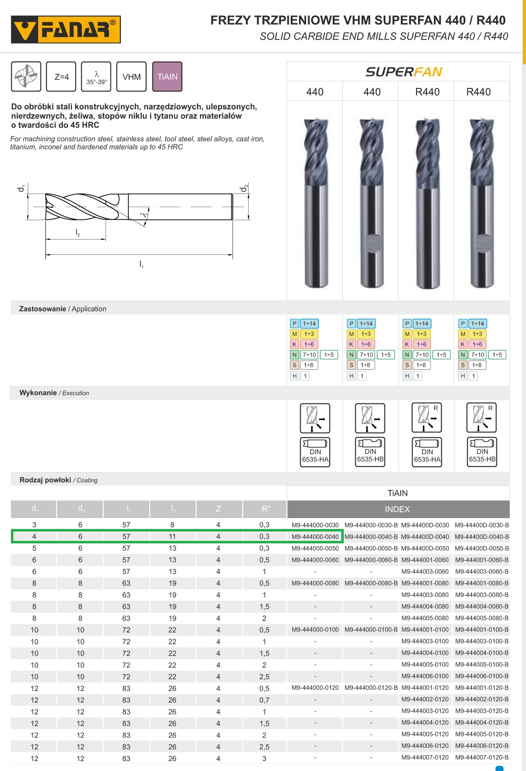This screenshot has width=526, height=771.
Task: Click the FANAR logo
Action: pos(66,29)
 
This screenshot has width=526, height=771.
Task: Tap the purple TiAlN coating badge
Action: pos(167,76)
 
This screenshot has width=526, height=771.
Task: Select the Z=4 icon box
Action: pos(61,76)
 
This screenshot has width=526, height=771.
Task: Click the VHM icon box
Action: pos(131,76)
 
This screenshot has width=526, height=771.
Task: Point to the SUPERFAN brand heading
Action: pos(404,72)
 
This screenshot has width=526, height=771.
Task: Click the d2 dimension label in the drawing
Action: pos(244,188)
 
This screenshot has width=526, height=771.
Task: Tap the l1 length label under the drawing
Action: pos(141,264)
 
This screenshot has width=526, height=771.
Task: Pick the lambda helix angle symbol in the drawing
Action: pos(145,215)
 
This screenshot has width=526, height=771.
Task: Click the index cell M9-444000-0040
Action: pos(315,536)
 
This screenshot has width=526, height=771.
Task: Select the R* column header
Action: pos(265,509)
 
